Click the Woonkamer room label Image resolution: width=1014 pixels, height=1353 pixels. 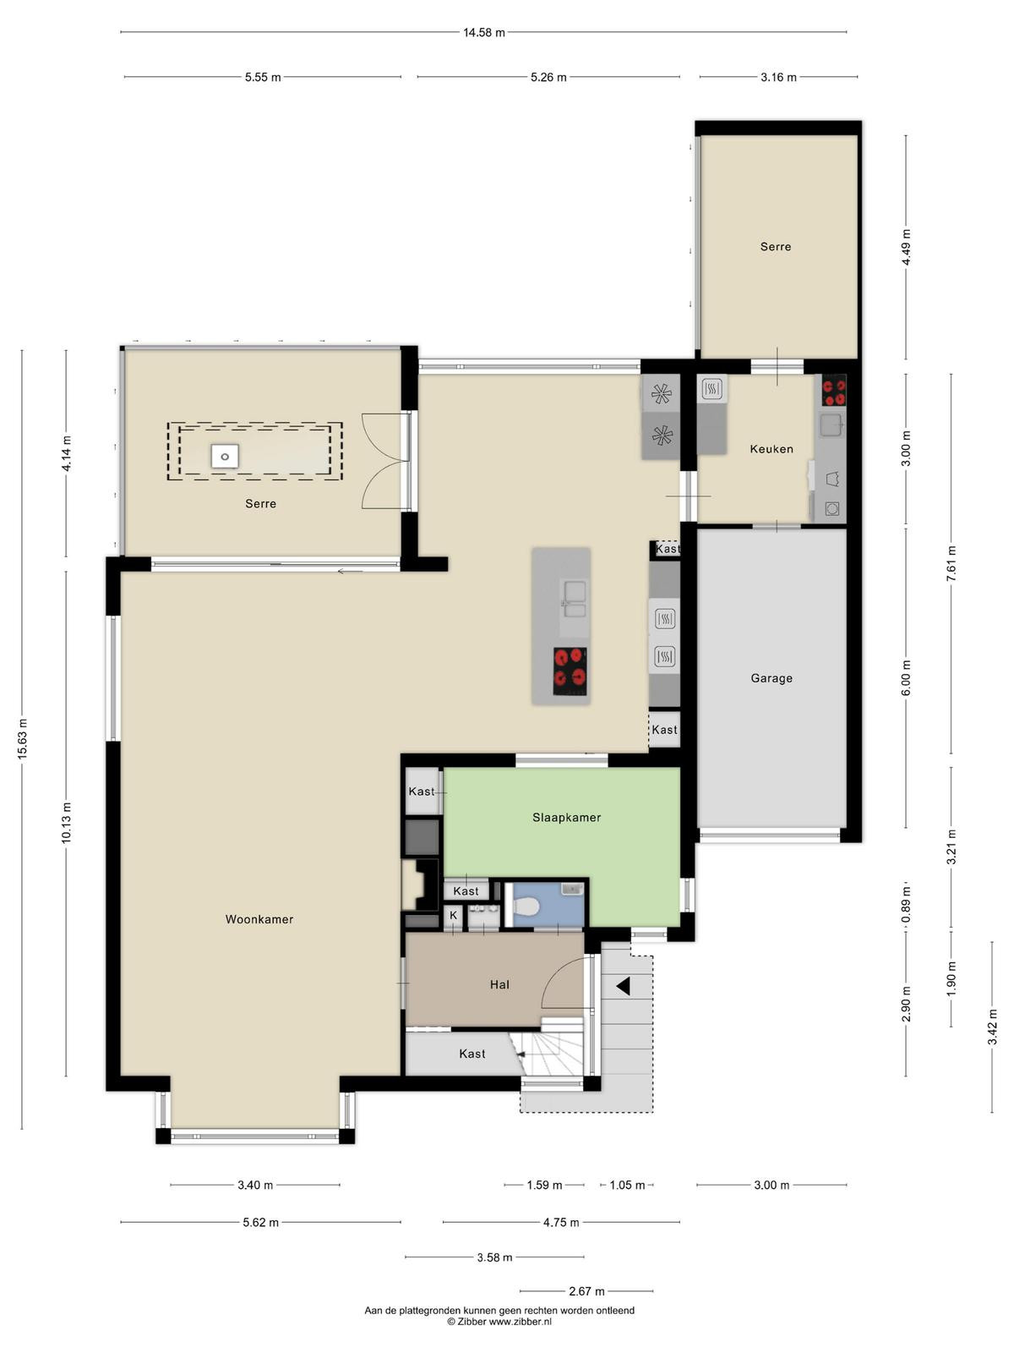259,919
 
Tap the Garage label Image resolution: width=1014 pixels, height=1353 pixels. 771,678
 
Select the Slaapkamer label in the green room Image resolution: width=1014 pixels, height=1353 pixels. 566,818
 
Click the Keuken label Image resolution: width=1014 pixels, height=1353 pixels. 771,449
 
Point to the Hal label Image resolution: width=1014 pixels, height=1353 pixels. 499,984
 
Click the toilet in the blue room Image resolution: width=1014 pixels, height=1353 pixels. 527,907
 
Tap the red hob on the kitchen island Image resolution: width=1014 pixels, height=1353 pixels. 570,671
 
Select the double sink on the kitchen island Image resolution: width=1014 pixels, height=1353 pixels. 574,599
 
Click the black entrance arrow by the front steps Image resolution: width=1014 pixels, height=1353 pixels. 623,986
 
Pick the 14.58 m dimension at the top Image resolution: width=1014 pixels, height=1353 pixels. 484,32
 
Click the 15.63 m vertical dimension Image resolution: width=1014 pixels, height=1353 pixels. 22,738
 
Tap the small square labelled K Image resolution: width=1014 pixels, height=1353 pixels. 453,915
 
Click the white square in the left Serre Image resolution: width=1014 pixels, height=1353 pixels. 225,456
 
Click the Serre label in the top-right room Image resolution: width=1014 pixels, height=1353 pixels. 775,247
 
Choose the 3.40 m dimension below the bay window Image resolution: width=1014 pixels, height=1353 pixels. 255,1185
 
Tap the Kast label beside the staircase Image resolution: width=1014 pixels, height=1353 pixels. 472,1054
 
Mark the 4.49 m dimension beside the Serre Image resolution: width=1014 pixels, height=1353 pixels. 906,247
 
